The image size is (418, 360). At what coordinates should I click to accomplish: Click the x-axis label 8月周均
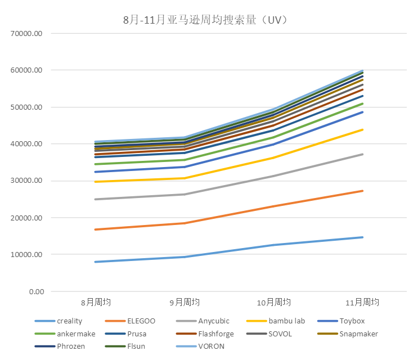coord(95,303)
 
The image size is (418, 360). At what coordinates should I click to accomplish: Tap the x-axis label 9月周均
coord(185,303)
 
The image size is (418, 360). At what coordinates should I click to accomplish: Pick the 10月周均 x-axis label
coord(274,303)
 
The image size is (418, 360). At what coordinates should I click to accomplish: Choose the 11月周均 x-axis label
coord(363,303)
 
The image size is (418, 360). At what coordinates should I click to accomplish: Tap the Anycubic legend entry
coord(214,321)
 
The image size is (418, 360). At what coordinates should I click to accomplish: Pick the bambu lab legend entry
coord(286,321)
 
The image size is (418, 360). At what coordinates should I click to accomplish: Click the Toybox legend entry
coord(352,321)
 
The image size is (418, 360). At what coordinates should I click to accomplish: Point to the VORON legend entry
coord(211,346)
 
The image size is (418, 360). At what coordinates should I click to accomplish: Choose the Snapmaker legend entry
coord(358,334)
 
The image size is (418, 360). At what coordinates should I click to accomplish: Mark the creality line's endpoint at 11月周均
coord(363,237)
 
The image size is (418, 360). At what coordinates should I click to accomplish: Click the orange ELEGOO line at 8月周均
coord(95,229)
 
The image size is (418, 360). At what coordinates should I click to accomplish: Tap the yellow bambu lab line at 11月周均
coord(363,129)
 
